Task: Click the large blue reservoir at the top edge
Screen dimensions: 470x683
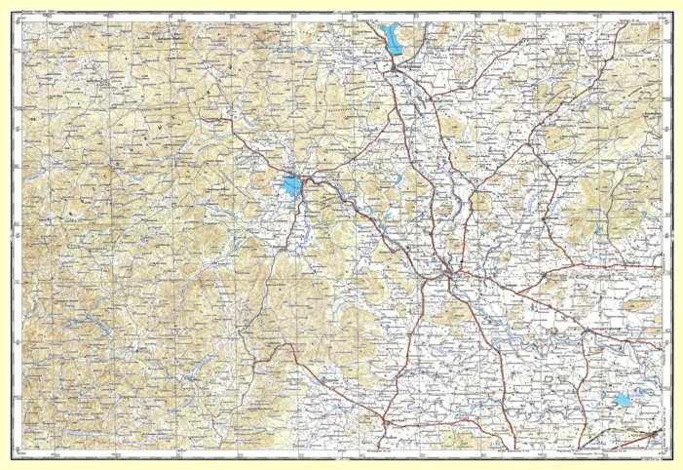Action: pyautogui.click(x=393, y=40)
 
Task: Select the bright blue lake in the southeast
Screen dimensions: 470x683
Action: pyautogui.click(x=622, y=400)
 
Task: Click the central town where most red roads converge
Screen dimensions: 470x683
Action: pyautogui.click(x=447, y=273)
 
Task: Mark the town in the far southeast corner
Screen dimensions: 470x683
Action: pyautogui.click(x=655, y=432)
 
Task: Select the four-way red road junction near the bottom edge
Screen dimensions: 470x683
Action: pyautogui.click(x=390, y=425)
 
